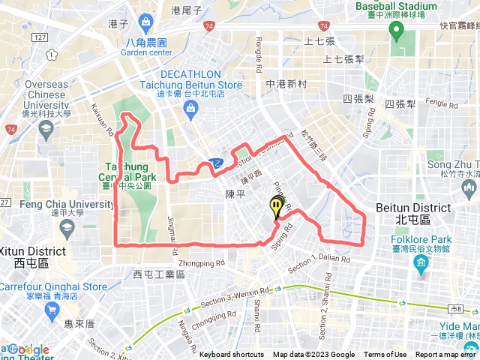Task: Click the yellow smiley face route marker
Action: tap(277, 205)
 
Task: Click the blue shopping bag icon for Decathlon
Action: tap(192, 109)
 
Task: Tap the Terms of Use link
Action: tap(385, 355)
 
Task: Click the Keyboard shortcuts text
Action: tap(232, 355)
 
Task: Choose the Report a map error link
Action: tap(446, 355)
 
